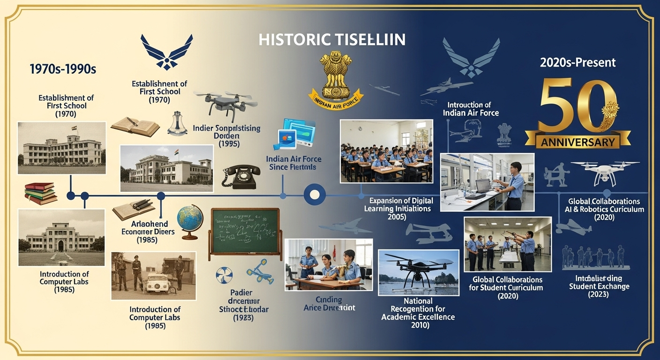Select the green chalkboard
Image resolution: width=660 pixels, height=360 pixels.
pyautogui.click(x=245, y=232)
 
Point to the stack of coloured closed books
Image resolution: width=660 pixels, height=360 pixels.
pyautogui.click(x=40, y=193)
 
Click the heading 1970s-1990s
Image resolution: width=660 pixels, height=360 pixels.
pyautogui.click(x=62, y=69)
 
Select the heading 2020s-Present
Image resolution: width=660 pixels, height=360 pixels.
pyautogui.click(x=577, y=62)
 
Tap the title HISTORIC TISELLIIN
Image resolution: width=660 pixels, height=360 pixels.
pyautogui.click(x=332, y=40)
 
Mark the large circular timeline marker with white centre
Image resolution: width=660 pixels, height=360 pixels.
pyautogui.click(x=314, y=194)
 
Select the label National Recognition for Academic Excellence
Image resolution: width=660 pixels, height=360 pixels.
pyautogui.click(x=418, y=313)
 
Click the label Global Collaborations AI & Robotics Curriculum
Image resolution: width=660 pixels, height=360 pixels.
pyautogui.click(x=606, y=209)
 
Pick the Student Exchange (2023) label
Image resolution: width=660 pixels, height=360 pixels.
pyautogui.click(x=599, y=286)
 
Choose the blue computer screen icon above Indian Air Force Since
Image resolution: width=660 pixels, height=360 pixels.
pyautogui.click(x=297, y=134)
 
